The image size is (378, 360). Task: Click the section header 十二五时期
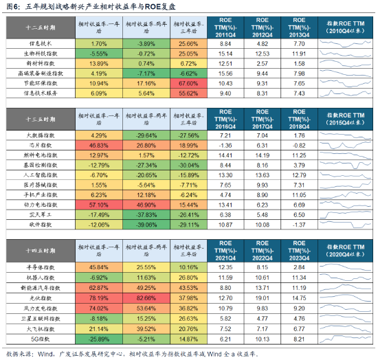click(40, 28)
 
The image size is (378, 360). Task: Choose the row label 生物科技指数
click(40, 53)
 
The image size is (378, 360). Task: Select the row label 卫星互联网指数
click(40, 318)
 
